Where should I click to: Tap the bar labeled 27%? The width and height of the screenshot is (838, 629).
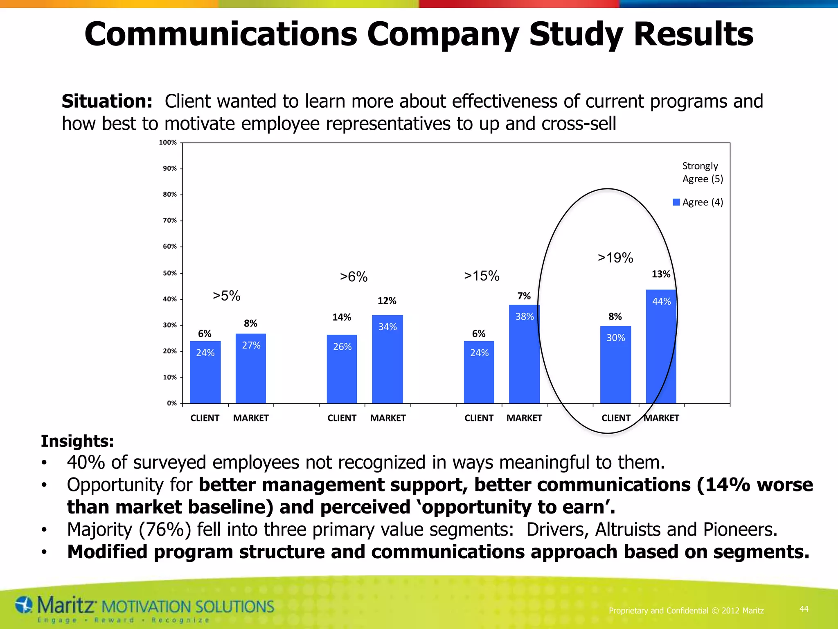tap(251, 369)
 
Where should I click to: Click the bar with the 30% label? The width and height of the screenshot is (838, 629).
tap(615, 364)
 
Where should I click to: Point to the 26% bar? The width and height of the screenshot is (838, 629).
tap(342, 369)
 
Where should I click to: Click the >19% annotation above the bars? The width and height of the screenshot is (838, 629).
tap(615, 258)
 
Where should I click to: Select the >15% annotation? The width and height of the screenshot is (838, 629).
tap(482, 276)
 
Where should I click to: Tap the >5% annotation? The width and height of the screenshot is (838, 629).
tap(227, 296)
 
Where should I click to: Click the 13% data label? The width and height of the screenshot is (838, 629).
tap(661, 274)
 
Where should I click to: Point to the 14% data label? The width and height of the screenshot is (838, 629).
tap(342, 317)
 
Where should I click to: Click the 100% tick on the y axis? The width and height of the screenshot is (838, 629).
tap(168, 143)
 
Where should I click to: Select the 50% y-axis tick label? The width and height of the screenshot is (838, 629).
tap(170, 273)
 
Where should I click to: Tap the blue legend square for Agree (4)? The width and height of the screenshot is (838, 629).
tap(676, 202)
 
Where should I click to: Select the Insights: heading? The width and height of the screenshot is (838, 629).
tap(77, 441)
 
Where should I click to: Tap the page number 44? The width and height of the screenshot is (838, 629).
tap(804, 609)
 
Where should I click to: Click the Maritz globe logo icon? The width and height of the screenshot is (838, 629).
tap(24, 605)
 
